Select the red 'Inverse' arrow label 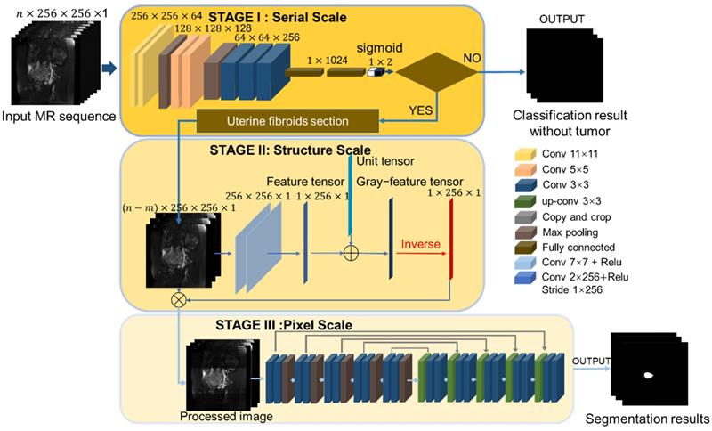(421, 241)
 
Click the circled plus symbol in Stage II (351, 254)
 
